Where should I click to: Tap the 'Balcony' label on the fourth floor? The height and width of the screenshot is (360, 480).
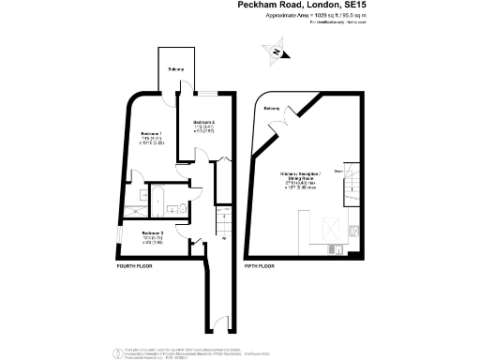[x=176, y=70]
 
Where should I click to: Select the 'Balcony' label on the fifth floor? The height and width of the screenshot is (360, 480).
[x=271, y=109]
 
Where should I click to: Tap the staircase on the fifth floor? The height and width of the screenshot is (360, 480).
[x=353, y=181]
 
